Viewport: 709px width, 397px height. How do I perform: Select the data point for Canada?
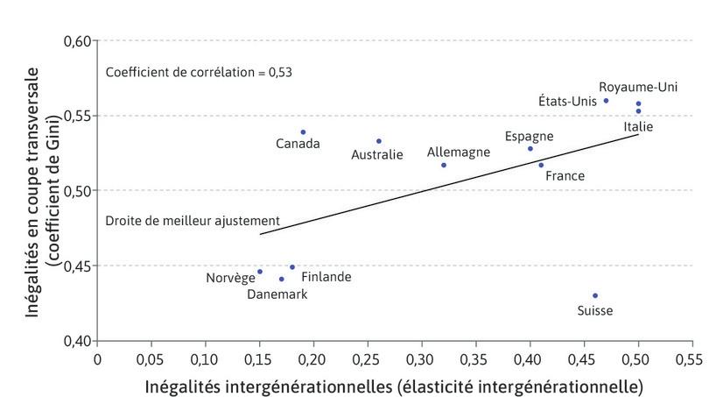[303, 131]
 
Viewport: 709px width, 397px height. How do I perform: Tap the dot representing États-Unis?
[606, 100]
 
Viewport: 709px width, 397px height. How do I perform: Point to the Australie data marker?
[379, 140]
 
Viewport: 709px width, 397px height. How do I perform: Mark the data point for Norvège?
[260, 272]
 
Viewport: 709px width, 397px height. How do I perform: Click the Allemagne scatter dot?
[444, 165]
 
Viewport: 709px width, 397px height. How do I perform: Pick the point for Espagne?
[530, 148]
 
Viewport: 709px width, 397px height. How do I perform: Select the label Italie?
[638, 126]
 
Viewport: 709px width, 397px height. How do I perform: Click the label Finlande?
[326, 277]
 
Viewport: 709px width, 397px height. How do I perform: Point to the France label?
[565, 175]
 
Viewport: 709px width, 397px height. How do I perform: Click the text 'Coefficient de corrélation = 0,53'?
[199, 72]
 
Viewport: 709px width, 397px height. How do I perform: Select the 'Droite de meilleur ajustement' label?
[193, 220]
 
